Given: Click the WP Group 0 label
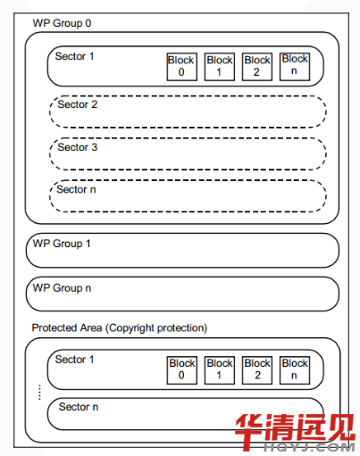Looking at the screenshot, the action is (x=62, y=23).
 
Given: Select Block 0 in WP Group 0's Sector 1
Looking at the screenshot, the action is (x=181, y=67).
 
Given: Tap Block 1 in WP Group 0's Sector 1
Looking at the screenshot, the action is (x=220, y=67).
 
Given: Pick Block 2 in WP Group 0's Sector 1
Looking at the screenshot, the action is (x=257, y=67).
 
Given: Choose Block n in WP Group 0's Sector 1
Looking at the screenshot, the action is (x=295, y=67).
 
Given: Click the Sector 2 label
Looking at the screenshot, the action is (x=78, y=104).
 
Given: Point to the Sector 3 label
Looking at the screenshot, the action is (x=78, y=147).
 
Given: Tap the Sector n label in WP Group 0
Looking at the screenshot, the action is (x=76, y=189).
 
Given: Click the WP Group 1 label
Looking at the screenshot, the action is (x=62, y=244).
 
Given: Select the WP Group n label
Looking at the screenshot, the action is (x=62, y=288).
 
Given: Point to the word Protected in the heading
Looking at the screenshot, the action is (x=52, y=327).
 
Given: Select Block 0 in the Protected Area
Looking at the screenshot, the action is (x=181, y=370).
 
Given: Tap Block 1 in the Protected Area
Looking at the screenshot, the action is (x=220, y=370).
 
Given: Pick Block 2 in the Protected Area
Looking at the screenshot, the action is (x=257, y=370).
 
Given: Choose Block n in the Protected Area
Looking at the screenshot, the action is (x=295, y=370).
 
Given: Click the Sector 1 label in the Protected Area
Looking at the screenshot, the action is (x=74, y=360).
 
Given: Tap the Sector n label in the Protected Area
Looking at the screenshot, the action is (x=79, y=407).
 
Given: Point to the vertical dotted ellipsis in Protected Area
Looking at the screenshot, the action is (x=39, y=393).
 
